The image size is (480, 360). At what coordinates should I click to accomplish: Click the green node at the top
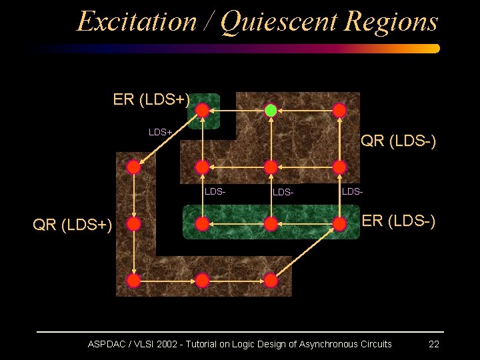tap(271, 110)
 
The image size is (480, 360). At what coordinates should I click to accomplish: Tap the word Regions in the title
tap(391, 21)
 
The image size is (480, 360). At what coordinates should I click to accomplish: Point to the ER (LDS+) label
tap(151, 100)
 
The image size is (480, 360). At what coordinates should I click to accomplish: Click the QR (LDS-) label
tap(398, 141)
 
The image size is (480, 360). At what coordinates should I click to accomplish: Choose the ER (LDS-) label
tap(399, 221)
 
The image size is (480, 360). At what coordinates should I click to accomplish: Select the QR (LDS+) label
tap(73, 225)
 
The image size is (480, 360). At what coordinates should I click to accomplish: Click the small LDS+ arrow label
tap(161, 132)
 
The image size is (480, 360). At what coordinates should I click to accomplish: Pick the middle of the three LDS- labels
tap(283, 193)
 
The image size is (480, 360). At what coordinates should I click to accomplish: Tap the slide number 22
tap(433, 344)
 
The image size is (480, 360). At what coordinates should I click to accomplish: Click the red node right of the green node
tap(339, 110)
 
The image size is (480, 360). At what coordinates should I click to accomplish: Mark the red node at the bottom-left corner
tap(134, 281)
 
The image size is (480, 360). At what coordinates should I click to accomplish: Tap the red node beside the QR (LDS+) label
tap(134, 224)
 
